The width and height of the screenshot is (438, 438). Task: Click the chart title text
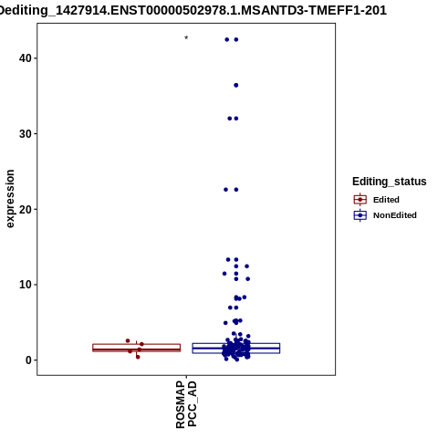pos(193,11)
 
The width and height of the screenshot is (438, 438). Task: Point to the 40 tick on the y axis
pos(26,58)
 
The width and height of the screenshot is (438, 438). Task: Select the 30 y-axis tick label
pos(26,134)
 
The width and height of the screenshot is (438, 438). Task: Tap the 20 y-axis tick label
pos(26,209)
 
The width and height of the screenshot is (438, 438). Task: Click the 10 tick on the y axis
pos(26,285)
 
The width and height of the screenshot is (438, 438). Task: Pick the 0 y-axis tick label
pos(29,360)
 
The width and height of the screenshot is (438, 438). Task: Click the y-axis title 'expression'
pos(10,199)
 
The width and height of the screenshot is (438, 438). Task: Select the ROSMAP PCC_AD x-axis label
pos(186,405)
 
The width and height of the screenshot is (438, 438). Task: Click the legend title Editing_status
pos(390,182)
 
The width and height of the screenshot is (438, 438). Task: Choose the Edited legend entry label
pos(386,200)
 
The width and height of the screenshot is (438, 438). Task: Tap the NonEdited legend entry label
pos(395,215)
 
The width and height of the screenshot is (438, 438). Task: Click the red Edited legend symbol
pos(360,200)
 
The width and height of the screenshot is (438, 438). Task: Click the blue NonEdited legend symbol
pos(360,215)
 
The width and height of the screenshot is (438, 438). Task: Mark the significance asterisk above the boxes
pos(186,38)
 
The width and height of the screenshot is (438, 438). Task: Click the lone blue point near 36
pos(236,85)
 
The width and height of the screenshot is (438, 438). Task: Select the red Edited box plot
pos(136,348)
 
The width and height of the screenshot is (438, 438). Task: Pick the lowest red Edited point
pos(138,357)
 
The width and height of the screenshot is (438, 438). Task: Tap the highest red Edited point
pos(128,340)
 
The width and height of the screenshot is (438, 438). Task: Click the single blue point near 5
pos(225,323)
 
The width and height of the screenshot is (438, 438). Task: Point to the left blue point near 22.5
pos(225,190)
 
